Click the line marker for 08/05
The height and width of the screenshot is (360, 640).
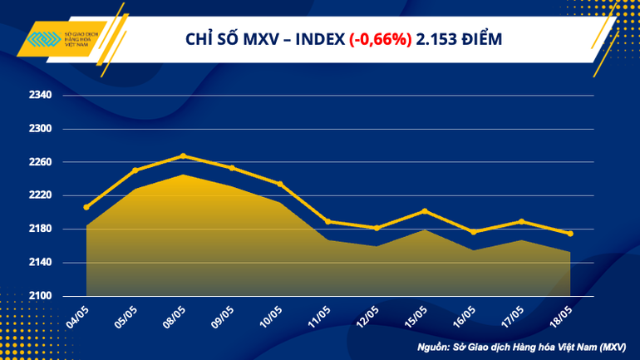pyautogui.click(x=183, y=155)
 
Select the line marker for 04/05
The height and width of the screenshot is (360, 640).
pyautogui.click(x=86, y=207)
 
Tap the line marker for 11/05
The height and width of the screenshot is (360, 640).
pyautogui.click(x=328, y=221)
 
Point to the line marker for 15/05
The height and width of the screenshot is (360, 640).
pyautogui.click(x=425, y=211)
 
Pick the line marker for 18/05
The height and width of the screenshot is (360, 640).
pyautogui.click(x=569, y=234)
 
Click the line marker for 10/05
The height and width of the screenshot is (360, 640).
pyautogui.click(x=280, y=184)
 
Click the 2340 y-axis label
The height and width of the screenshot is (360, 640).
pyautogui.click(x=41, y=96)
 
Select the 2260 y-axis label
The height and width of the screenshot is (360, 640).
pyautogui.click(x=41, y=162)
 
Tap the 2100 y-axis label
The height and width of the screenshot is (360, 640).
pyautogui.click(x=41, y=296)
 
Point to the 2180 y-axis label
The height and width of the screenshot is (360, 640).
pyautogui.click(x=41, y=229)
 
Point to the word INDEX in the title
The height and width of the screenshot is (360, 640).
pyautogui.click(x=318, y=39)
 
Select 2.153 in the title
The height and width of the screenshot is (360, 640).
pyautogui.click(x=434, y=39)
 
